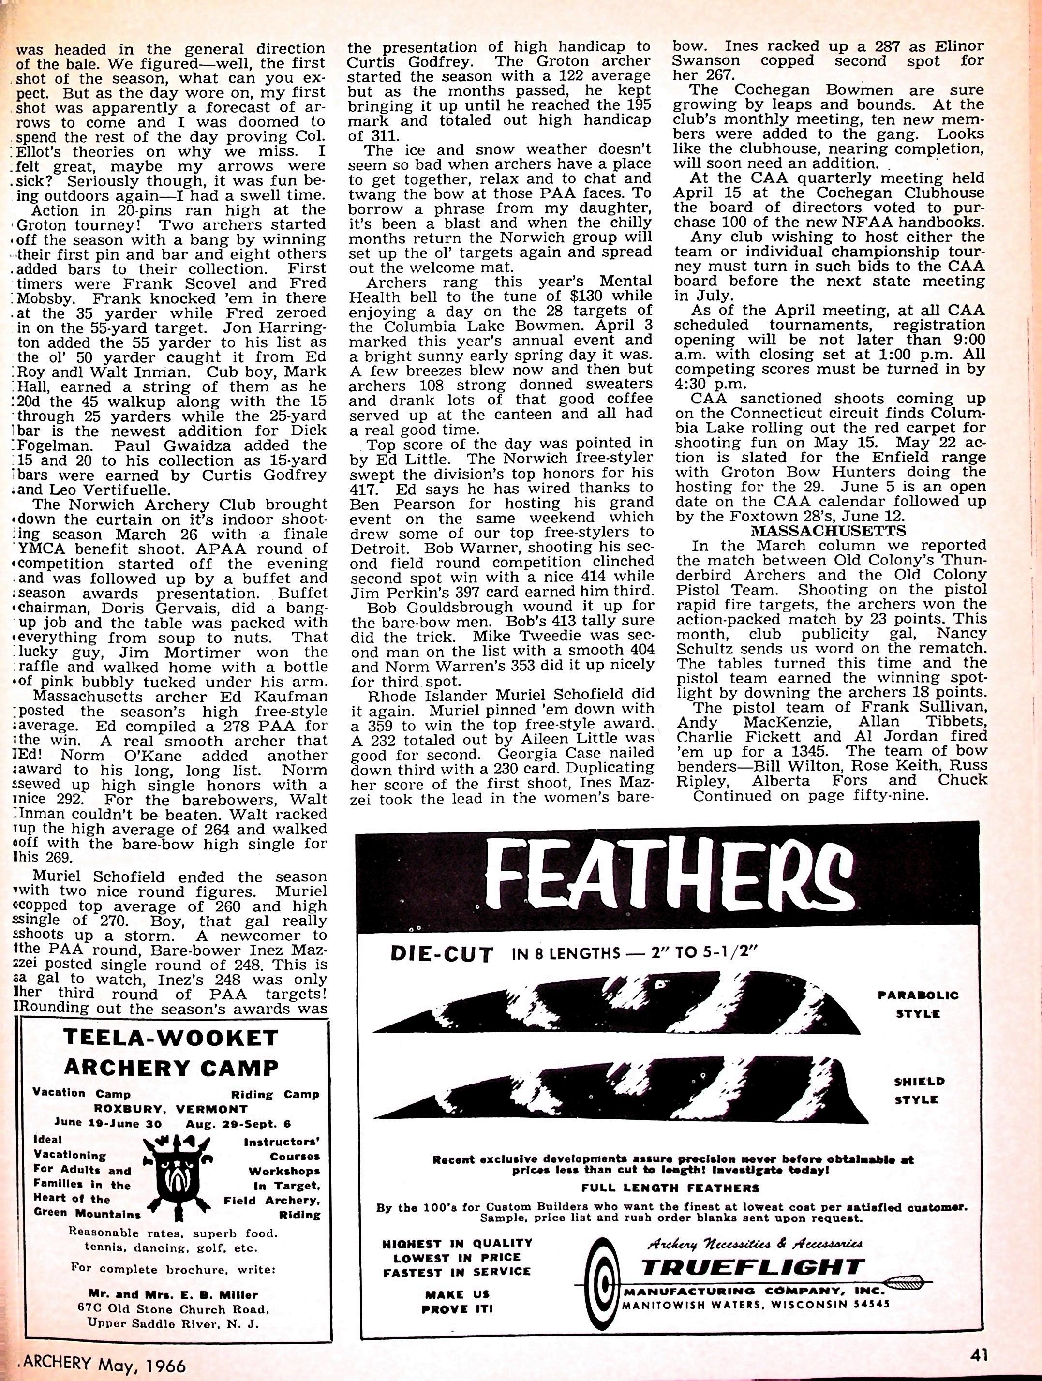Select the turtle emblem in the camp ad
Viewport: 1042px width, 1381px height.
pos(178,1168)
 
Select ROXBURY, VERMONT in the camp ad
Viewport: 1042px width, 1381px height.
pos(170,1109)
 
